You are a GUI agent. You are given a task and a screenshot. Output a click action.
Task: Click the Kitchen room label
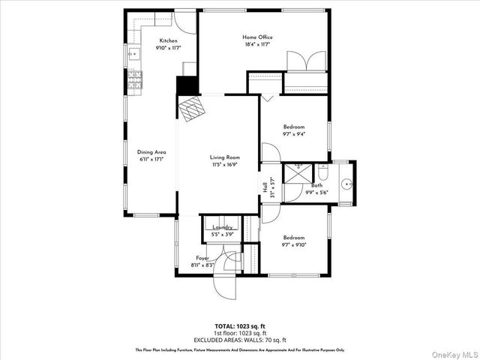168,40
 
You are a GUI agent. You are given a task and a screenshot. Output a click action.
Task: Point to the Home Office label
257,37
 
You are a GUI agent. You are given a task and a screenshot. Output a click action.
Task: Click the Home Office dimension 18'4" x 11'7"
257,45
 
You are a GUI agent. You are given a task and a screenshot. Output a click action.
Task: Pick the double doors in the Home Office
305,61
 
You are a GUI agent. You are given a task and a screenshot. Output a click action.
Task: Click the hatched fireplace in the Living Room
191,109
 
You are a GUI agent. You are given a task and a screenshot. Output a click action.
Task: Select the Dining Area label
151,152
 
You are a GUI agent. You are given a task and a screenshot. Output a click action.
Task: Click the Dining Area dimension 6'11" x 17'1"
151,160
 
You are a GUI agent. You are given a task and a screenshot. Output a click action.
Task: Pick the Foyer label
202,257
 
